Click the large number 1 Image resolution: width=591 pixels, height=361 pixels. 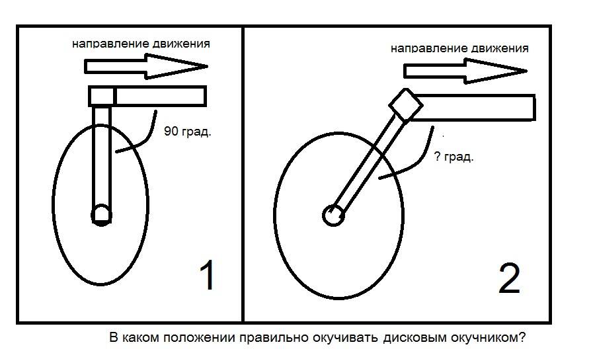(208, 274)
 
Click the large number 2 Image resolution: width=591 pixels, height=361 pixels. (509, 278)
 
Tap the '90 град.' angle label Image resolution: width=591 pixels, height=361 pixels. (187, 132)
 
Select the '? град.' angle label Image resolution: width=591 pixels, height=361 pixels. (453, 157)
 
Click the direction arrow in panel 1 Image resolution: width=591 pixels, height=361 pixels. (146, 66)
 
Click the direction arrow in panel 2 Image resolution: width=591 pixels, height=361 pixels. (465, 71)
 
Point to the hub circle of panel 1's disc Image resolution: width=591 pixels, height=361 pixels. (101, 215)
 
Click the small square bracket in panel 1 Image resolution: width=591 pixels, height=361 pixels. (101, 96)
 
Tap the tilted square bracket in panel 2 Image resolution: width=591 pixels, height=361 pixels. (405, 104)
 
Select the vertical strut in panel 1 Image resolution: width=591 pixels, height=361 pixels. (101, 158)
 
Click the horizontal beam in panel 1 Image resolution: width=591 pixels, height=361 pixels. (161, 96)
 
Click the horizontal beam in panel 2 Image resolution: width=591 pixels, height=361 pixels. (473, 108)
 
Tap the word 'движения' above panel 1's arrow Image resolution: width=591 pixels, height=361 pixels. (182, 44)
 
